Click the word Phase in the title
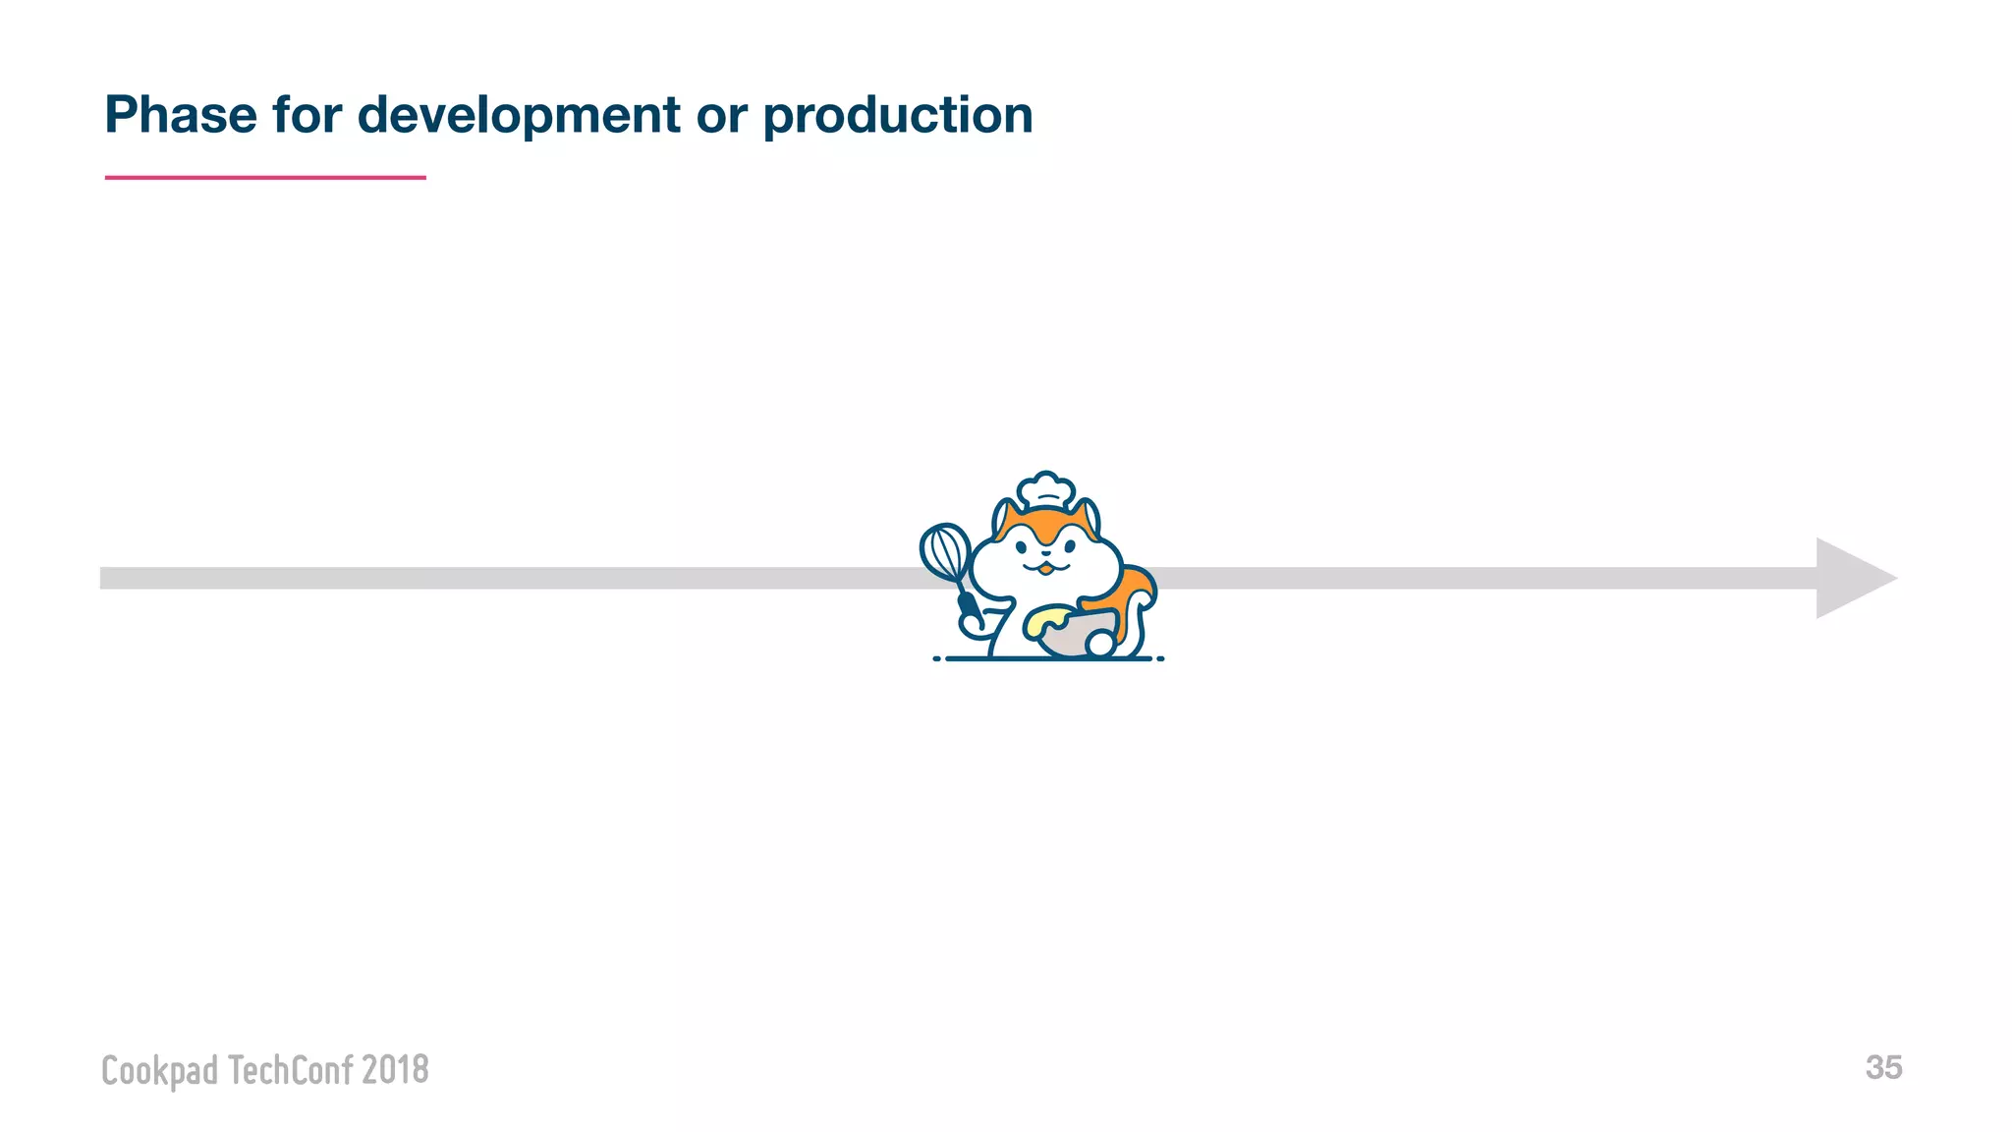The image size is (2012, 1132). coord(181,115)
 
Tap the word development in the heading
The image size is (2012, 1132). coord(519,115)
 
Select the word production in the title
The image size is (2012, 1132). coord(898,115)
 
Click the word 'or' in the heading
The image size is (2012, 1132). coord(721,115)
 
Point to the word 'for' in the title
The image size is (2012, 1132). coord(307,115)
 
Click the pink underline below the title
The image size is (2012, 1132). coord(265,178)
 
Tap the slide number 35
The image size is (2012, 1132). coord(1883,1067)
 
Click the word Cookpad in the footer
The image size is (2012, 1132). coord(159,1070)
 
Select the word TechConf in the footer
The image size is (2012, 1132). coord(290,1070)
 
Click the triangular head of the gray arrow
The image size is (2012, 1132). coord(1852,578)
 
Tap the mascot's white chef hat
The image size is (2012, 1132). coord(1045,489)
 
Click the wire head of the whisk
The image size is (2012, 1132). coord(944,551)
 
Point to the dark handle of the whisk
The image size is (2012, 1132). coord(970,609)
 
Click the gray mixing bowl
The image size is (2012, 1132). coord(1066,637)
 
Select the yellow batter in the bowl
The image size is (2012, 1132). coord(1045,620)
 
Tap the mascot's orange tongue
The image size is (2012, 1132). coord(1046,570)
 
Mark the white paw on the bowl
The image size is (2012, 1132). coord(1099,645)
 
